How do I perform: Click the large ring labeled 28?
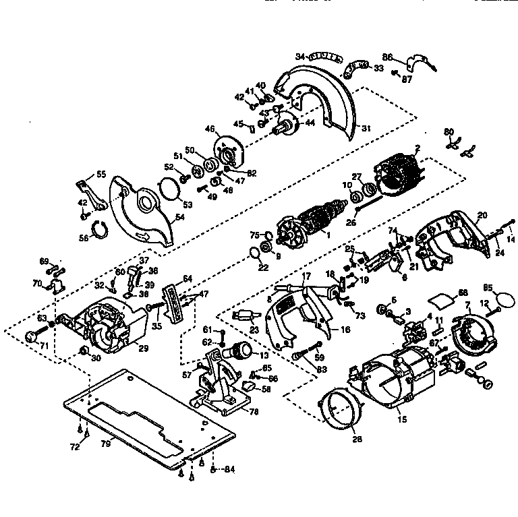(340, 408)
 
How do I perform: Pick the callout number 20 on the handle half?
(482, 216)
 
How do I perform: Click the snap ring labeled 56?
(100, 229)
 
